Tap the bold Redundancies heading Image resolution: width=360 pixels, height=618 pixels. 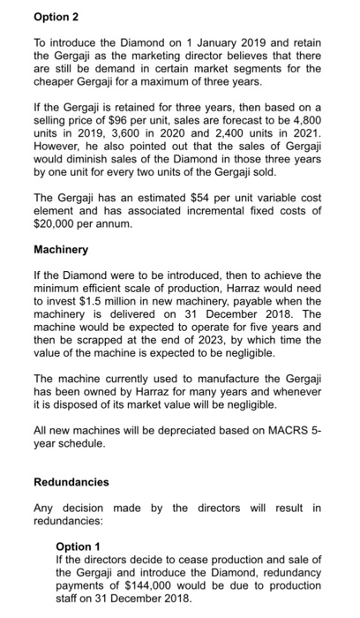coord(71,482)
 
